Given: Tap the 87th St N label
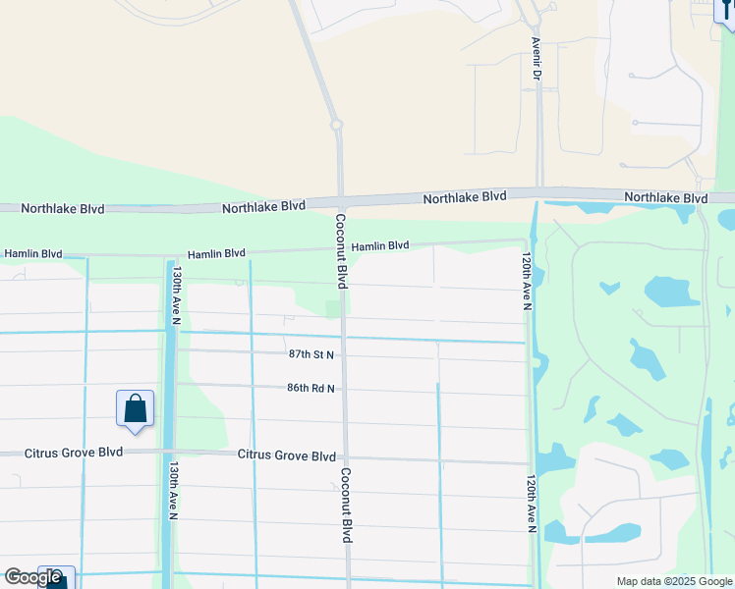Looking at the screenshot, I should pos(311,353).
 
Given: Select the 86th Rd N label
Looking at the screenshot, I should pos(311,389).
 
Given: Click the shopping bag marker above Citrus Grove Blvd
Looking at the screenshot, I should pos(135,408).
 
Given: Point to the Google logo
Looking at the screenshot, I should pos(32,577).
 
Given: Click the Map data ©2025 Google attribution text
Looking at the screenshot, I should pos(674,581).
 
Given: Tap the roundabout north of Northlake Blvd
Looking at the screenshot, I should pos(336,125).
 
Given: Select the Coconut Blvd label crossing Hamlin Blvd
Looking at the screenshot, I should pos(341,251).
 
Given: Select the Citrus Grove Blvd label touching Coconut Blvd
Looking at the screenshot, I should pos(287,455).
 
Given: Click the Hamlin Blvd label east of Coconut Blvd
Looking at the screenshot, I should pos(380,246).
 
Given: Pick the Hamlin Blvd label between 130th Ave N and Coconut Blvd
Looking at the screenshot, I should pos(216,253).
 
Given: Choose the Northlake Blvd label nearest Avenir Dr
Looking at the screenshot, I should pos(465,197).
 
